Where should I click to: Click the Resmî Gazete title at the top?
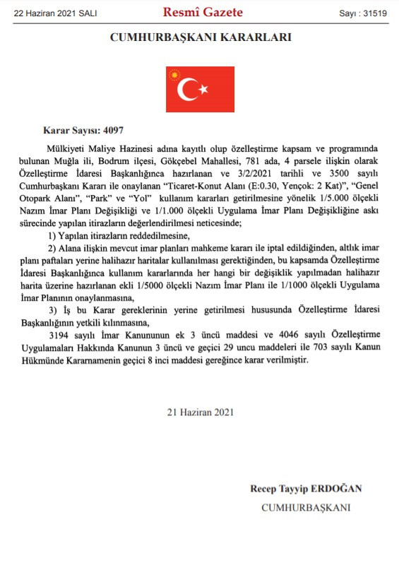(x=202, y=12)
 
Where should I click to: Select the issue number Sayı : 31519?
(x=362, y=13)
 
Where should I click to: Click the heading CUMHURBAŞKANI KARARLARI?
(x=201, y=37)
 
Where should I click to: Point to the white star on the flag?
(x=204, y=89)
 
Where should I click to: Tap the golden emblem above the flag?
(x=174, y=73)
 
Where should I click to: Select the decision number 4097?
(x=113, y=130)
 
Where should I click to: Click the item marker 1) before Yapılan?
(x=52, y=234)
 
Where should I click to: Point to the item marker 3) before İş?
(x=52, y=309)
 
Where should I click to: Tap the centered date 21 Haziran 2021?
(x=201, y=411)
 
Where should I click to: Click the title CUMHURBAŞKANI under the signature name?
(x=306, y=507)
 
